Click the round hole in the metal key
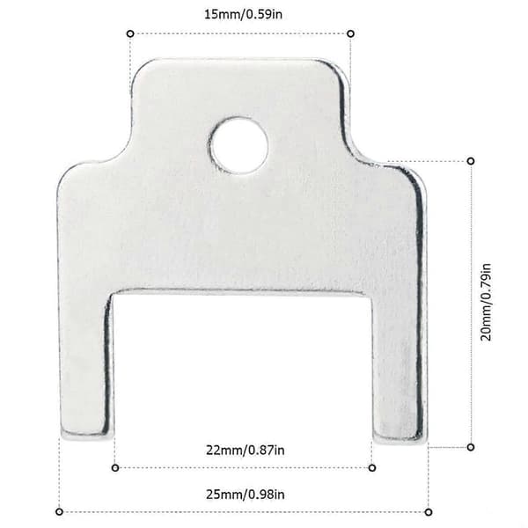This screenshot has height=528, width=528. (239, 145)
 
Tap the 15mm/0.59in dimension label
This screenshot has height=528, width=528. (243, 14)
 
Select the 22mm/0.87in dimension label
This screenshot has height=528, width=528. (246, 450)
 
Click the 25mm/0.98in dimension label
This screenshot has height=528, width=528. (246, 495)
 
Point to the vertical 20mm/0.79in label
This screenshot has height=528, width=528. (486, 302)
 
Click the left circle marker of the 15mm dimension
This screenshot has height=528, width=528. (130, 33)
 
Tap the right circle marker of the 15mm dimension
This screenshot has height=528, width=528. (350, 33)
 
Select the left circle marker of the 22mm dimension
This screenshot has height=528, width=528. (114, 468)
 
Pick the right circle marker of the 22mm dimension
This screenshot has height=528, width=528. (372, 468)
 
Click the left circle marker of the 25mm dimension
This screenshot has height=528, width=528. (59, 512)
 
